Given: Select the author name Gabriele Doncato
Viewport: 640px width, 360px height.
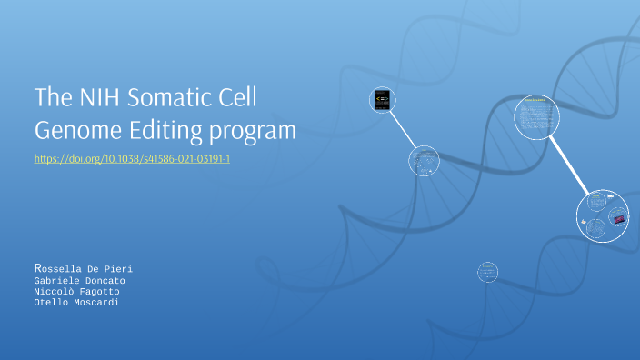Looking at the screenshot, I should point(79,281).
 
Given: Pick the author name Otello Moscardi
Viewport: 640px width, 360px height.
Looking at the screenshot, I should point(76,303).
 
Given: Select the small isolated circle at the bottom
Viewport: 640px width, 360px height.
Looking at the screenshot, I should point(488,271).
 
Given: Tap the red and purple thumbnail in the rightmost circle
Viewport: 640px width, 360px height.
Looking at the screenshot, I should point(618,219).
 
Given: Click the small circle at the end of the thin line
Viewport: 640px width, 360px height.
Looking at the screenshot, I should point(424,162).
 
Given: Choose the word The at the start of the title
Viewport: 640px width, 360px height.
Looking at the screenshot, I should point(49,97).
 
